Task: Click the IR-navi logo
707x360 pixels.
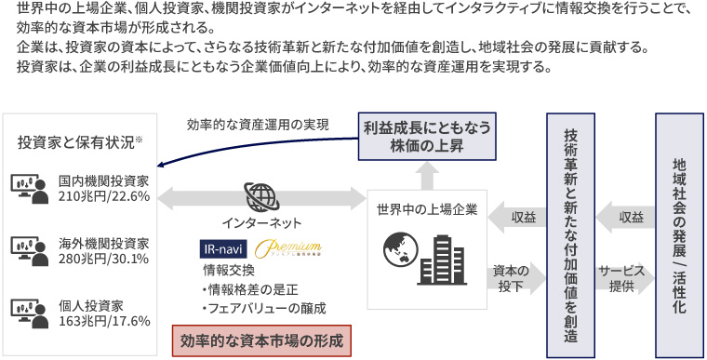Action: coord(224,249)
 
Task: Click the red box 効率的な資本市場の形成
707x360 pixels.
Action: coord(261,340)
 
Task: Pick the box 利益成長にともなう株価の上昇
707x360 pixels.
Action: coord(426,137)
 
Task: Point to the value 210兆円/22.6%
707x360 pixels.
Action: coord(103,196)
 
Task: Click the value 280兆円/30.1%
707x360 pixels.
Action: coord(103,259)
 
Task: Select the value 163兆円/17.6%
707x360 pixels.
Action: coord(103,321)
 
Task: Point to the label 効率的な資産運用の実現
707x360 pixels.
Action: coord(257,124)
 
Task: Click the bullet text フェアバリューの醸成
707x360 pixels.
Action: coord(264,307)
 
